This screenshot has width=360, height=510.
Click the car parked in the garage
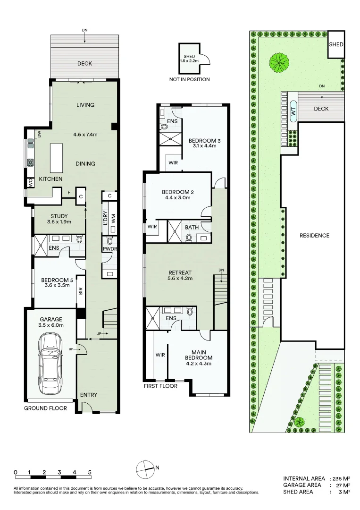click(x=50, y=364)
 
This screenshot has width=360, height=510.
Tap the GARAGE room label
click(x=51, y=319)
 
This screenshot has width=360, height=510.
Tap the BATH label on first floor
click(x=192, y=228)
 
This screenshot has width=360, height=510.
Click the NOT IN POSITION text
click(x=189, y=80)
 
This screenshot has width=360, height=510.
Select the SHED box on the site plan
click(x=336, y=44)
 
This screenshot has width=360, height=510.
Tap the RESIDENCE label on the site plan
click(x=314, y=236)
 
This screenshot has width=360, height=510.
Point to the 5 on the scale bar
click(x=90, y=472)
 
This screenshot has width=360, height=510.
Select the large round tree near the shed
click(x=279, y=62)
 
